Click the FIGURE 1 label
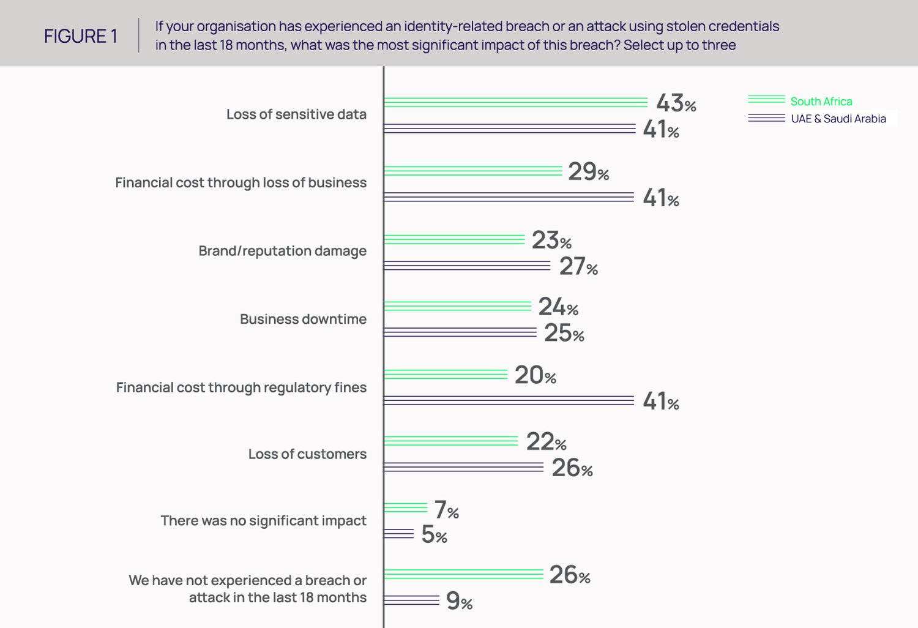[80, 36]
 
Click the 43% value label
[676, 103]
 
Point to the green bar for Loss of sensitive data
[515, 102]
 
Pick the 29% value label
[588, 171]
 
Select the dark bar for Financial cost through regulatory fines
[509, 401]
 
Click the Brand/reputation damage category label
[282, 251]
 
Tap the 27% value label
[578, 266]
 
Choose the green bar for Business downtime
[457, 306]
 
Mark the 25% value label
[564, 333]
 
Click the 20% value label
[535, 375]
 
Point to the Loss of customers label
[307, 454]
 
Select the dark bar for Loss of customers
[463, 468]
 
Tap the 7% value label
[446, 509]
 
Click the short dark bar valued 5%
[399, 534]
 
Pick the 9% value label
[459, 601]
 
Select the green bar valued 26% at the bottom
[463, 574]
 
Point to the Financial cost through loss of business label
[241, 183]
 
